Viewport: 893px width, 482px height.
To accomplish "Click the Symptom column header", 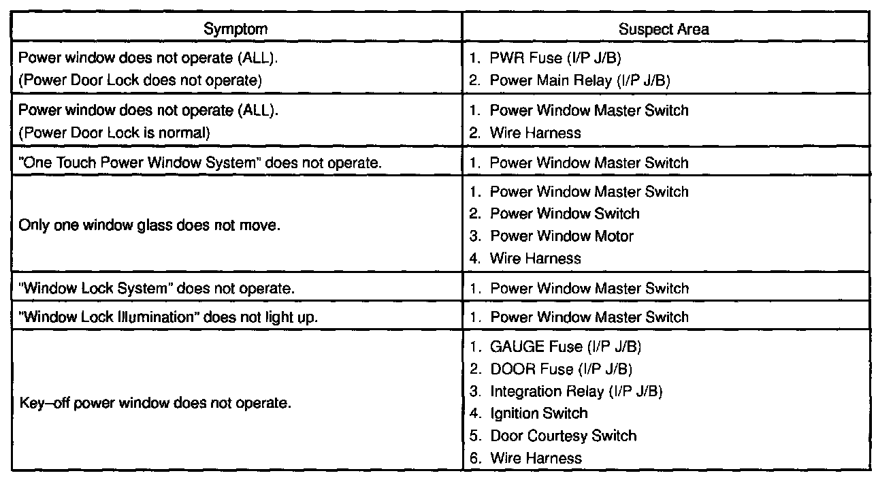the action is pyautogui.click(x=236, y=29).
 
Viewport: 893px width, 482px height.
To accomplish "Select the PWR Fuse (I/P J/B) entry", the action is pyautogui.click(x=555, y=59).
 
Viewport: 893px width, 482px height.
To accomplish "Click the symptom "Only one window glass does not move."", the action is pyautogui.click(x=149, y=225).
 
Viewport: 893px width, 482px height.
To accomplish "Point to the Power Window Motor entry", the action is pyautogui.click(x=561, y=236).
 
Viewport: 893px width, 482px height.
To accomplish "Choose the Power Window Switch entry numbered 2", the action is pyautogui.click(x=564, y=214).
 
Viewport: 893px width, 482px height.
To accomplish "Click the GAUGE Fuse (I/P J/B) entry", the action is pyautogui.click(x=565, y=347).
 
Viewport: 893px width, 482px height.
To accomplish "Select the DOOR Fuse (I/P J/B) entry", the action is pyautogui.click(x=560, y=369).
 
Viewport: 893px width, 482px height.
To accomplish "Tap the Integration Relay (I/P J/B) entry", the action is pyautogui.click(x=576, y=391).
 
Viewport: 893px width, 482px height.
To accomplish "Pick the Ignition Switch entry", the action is pyautogui.click(x=538, y=413).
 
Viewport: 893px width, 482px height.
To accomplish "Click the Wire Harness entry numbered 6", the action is pyautogui.click(x=535, y=458).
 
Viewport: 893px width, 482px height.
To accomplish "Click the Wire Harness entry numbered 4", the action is pyautogui.click(x=535, y=259).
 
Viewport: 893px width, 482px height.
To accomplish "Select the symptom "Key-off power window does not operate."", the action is pyautogui.click(x=155, y=402).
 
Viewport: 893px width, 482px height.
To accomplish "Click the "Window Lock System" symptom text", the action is pyautogui.click(x=157, y=288).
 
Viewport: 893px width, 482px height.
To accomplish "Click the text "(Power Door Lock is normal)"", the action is pyautogui.click(x=114, y=133).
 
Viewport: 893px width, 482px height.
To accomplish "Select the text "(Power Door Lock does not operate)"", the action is pyautogui.click(x=140, y=80).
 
